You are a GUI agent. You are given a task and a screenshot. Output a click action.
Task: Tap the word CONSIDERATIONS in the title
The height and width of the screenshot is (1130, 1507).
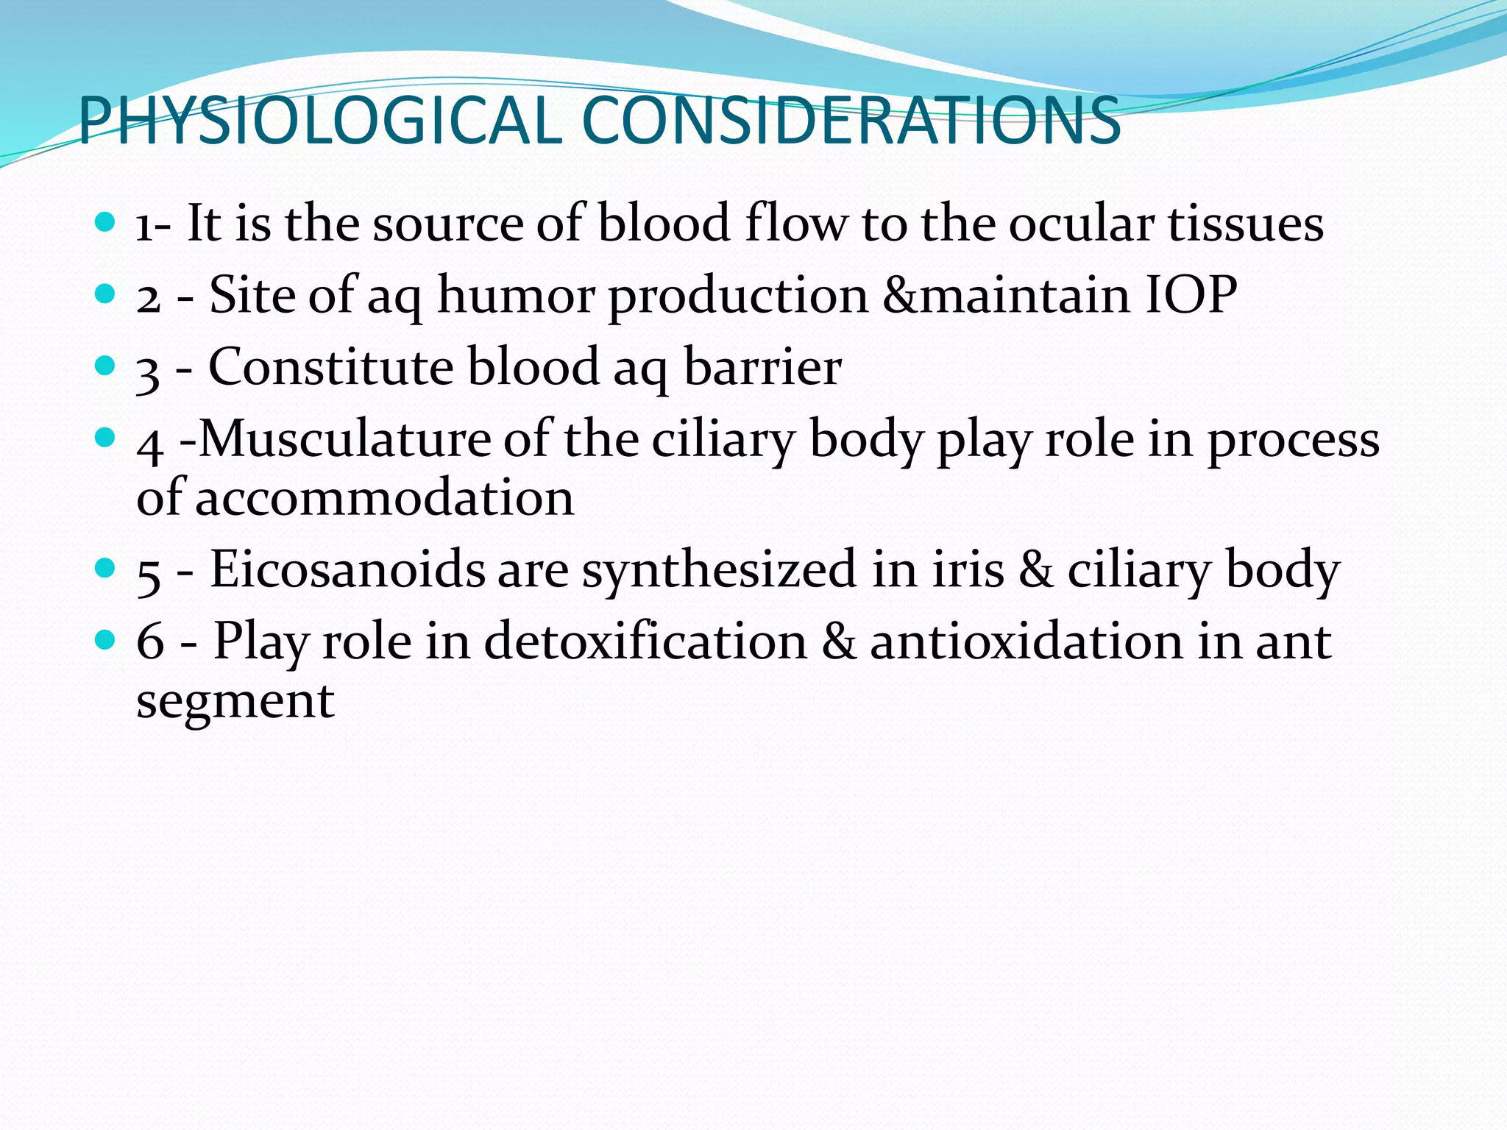pos(850,121)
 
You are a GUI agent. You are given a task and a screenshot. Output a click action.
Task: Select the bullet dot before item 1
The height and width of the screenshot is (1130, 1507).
pos(106,222)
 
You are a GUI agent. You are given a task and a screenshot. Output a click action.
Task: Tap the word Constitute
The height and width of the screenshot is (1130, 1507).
pos(330,367)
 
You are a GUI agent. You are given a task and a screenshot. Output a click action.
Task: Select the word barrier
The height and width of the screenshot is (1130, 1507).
pos(762,367)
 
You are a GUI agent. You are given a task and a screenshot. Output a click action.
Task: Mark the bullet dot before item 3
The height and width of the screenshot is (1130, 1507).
pos(106,366)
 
